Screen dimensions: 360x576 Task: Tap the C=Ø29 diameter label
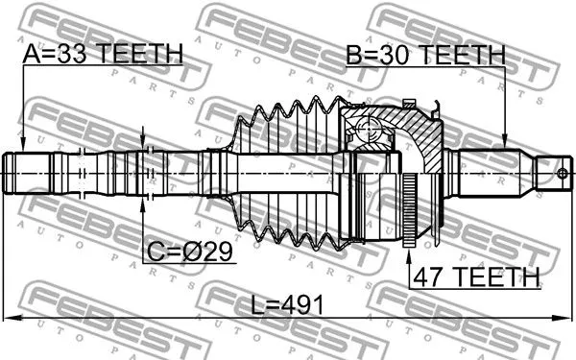click(191, 253)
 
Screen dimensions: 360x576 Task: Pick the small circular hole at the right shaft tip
click(564, 174)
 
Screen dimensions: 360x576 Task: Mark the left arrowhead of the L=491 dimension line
click(10, 318)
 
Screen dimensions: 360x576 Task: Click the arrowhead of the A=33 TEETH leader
click(22, 145)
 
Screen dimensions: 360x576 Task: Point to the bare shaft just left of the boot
click(216, 174)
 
